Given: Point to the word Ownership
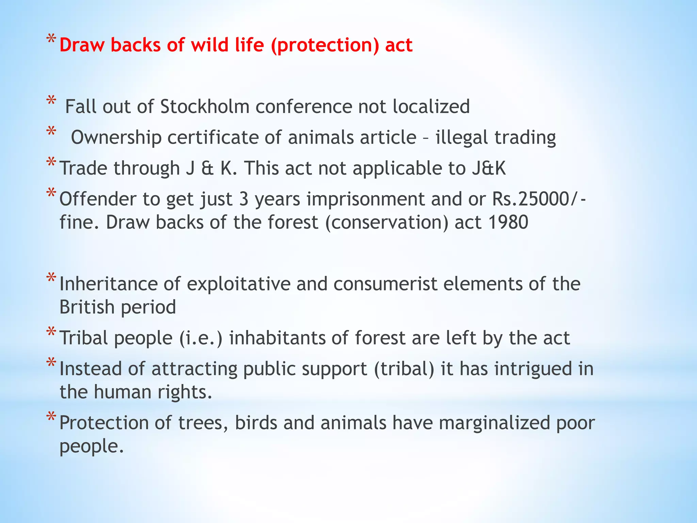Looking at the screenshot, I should point(116,138).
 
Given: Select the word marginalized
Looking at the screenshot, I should point(494,423).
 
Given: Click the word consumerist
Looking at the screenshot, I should point(385,284).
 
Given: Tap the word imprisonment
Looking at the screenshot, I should point(366,199).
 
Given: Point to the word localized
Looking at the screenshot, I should point(431,107).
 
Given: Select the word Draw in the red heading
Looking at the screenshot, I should point(82,45).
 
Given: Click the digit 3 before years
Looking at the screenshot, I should point(244,199).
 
